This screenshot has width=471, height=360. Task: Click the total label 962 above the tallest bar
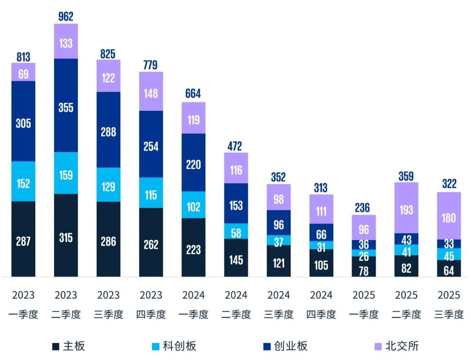coord(66,17)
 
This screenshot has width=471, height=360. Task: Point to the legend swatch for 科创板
coord(155,346)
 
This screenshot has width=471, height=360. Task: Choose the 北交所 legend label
coord(402,346)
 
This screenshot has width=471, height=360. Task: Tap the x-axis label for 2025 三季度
coord(449,305)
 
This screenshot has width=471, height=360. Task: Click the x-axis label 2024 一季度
coord(194,305)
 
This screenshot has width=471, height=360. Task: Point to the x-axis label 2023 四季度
coord(151,305)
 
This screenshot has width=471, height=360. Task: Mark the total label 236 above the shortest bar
coord(364,208)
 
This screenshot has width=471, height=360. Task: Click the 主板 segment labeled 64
coord(449,269)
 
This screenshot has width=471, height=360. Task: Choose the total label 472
coord(236,146)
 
